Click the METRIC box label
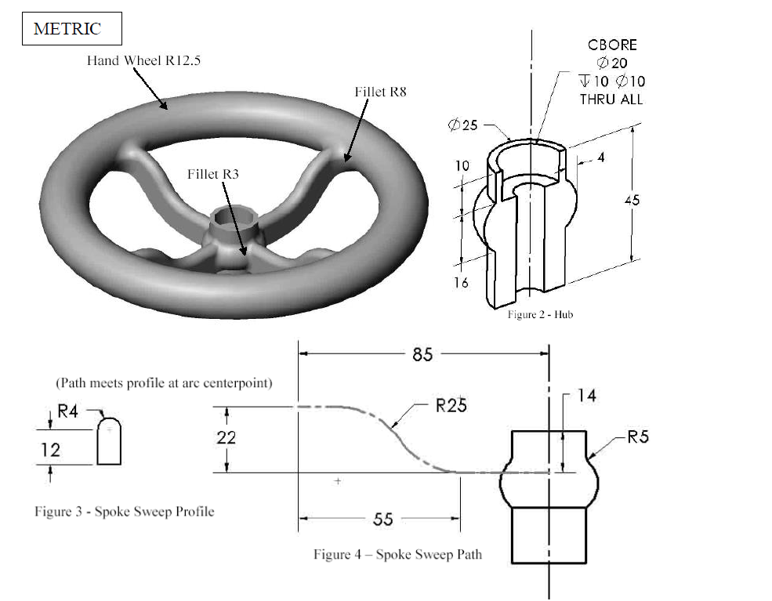pos(67,29)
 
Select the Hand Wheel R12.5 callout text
pos(143,61)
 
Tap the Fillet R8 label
pos(380,92)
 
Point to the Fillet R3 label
pos(212,173)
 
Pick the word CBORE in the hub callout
pos(612,45)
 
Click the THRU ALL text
pos(611,100)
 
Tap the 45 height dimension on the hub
pos(631,201)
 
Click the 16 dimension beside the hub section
pos(461,282)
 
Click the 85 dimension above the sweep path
pos(424,354)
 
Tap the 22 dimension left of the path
pos(226,438)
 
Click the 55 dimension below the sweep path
pos(382,519)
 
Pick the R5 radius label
pos(638,437)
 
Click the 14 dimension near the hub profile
pos(586,396)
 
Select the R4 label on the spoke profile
pos(68,411)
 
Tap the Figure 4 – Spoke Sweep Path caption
pos(397,554)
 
